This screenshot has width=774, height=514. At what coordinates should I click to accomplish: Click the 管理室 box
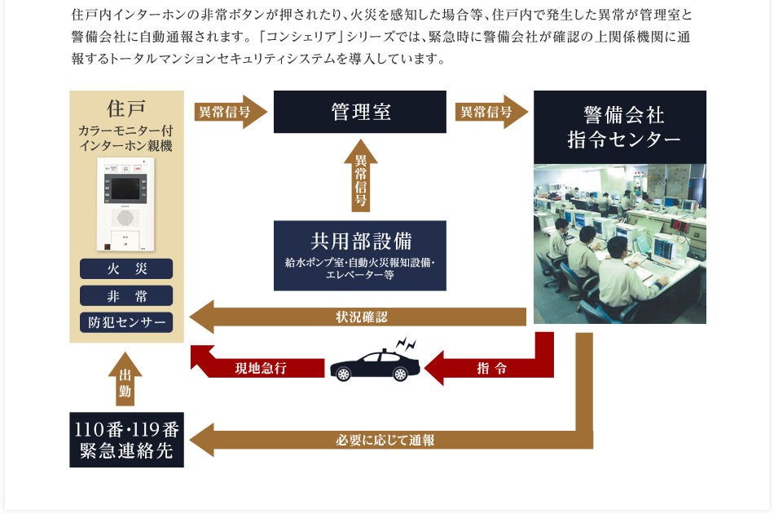pyautogui.click(x=359, y=112)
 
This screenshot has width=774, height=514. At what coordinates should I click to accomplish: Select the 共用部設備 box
pyautogui.click(x=359, y=255)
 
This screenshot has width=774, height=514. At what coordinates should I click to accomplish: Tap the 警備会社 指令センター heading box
pyautogui.click(x=619, y=126)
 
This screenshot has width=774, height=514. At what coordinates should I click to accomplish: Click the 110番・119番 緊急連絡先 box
pyautogui.click(x=126, y=441)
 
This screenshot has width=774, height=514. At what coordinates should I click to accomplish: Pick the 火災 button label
pyautogui.click(x=126, y=269)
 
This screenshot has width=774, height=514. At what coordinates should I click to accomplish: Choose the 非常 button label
pyautogui.click(x=126, y=295)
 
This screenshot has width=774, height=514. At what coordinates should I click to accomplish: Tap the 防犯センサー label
pyautogui.click(x=126, y=322)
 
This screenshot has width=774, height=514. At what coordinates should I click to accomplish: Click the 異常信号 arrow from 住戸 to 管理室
pyautogui.click(x=229, y=112)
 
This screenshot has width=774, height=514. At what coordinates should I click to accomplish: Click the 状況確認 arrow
pyautogui.click(x=358, y=317)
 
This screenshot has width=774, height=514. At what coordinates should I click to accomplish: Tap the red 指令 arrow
pyautogui.click(x=489, y=368)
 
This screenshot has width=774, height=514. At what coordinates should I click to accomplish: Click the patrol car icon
pyautogui.click(x=376, y=364)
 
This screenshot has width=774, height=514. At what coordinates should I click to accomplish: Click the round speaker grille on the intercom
pyautogui.click(x=125, y=219)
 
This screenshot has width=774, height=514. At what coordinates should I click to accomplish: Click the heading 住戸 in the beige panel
pyautogui.click(x=126, y=108)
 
